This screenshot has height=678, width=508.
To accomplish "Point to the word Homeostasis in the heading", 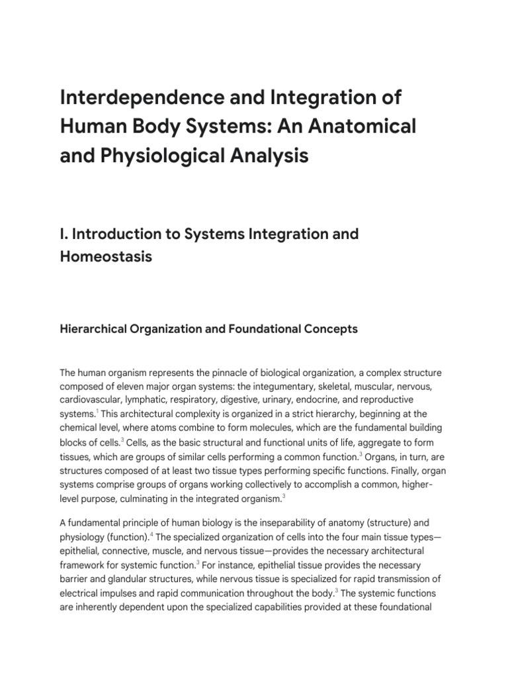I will (x=106, y=256).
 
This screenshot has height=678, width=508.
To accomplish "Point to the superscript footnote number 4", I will (x=171, y=534).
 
